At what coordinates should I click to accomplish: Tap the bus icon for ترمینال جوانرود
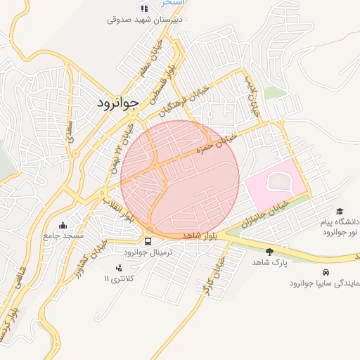147,241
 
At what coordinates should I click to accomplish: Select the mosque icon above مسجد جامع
64,226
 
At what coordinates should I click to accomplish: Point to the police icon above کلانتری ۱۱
118,268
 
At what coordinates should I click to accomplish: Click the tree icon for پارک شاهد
270,251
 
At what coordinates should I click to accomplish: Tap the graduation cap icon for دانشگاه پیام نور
340,211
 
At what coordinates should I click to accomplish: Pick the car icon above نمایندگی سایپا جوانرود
325,272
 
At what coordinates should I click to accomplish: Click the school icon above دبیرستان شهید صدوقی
144,8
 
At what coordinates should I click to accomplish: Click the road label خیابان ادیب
251,99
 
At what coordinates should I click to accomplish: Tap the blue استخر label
173,3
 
